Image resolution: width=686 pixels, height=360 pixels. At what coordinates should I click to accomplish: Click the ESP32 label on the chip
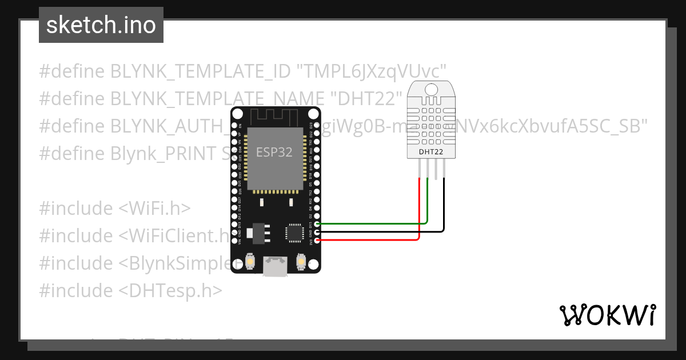click(x=274, y=152)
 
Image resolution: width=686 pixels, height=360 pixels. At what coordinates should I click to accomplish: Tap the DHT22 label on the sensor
click(x=430, y=152)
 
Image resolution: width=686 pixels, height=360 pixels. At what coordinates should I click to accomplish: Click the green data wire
click(x=372, y=223)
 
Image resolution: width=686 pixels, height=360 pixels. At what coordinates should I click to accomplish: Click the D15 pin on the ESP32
click(x=316, y=224)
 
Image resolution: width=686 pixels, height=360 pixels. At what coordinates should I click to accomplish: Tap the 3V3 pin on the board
click(x=316, y=240)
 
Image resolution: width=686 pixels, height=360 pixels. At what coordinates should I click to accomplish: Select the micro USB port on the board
click(x=275, y=266)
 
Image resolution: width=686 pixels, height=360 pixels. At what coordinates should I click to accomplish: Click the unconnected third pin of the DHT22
click(x=436, y=169)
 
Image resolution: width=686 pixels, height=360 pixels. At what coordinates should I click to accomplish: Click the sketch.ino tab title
click(x=101, y=25)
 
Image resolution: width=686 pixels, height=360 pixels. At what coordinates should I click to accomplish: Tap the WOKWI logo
click(x=607, y=315)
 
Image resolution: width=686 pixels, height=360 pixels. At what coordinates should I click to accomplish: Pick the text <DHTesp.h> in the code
click(x=170, y=290)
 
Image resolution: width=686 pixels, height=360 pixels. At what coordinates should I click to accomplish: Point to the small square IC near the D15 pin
click(x=295, y=233)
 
